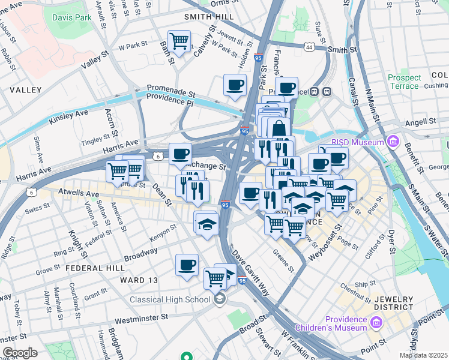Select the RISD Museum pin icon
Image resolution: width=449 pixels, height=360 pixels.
click(393, 142)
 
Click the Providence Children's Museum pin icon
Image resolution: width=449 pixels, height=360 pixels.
click(376, 323)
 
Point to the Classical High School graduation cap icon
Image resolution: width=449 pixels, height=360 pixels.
click(220, 299)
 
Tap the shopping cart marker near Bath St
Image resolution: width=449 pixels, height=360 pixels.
click(179, 41)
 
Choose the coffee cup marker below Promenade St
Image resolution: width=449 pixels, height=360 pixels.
click(235, 85)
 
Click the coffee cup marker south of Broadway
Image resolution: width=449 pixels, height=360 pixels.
click(187, 265)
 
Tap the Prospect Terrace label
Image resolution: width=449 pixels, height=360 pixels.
click(403, 82)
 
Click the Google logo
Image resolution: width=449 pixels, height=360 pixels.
click(20, 353)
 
